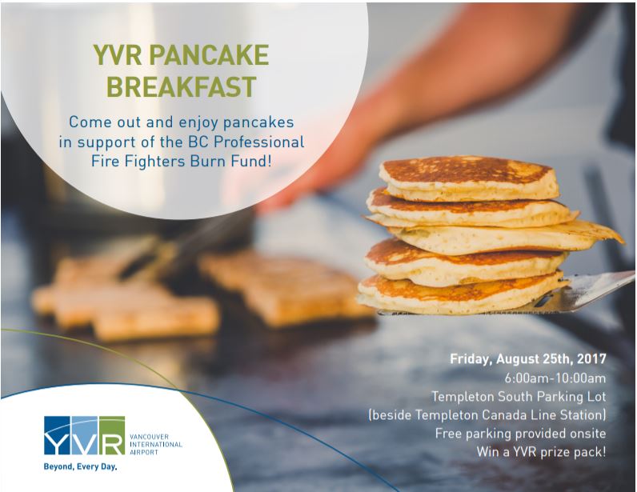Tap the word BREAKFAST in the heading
coord(181,86)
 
